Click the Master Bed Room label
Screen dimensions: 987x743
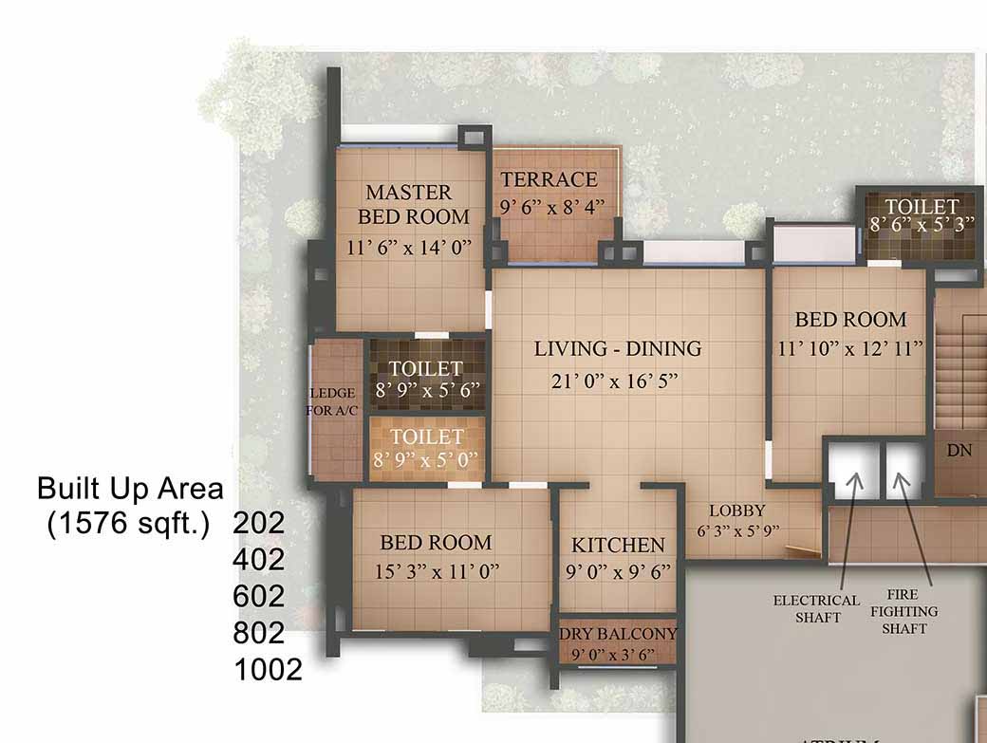(x=414, y=204)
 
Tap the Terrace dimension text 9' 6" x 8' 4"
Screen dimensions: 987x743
(x=552, y=206)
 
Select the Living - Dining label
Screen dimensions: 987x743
(x=618, y=348)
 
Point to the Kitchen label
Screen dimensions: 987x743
(x=618, y=545)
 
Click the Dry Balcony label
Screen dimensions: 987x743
(x=618, y=634)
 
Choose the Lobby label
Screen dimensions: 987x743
(x=737, y=511)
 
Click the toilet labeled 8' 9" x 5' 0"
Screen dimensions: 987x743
(x=426, y=448)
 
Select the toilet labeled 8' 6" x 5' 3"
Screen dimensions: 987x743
(x=922, y=214)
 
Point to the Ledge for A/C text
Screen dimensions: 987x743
(x=332, y=401)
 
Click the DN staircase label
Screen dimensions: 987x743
(x=959, y=451)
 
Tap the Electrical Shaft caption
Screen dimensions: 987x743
(x=816, y=609)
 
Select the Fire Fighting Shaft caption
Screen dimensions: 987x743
(x=903, y=611)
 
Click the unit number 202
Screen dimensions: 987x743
(x=259, y=523)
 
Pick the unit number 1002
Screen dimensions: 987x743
(x=269, y=670)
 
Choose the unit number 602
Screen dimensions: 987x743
(x=259, y=597)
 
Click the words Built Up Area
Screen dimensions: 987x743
(x=130, y=489)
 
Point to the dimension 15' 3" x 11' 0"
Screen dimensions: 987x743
(x=437, y=572)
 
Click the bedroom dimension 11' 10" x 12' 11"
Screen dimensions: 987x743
(x=849, y=348)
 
